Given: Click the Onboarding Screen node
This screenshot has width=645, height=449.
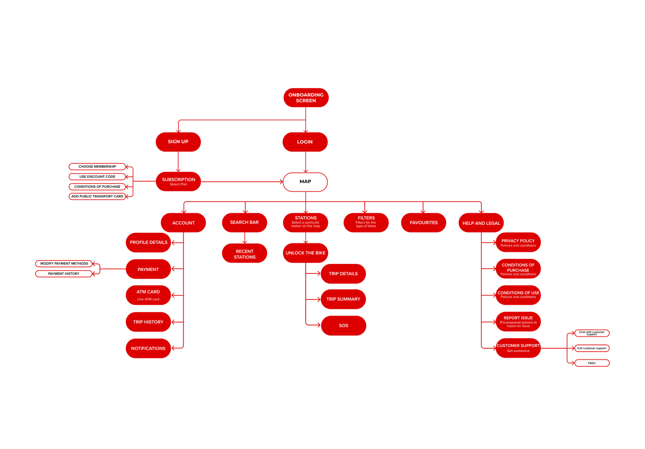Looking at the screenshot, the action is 306,98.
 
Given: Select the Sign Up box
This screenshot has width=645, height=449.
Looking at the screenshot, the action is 178,142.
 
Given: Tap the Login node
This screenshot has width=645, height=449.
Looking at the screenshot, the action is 305,142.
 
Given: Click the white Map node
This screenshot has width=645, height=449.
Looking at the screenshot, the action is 305,182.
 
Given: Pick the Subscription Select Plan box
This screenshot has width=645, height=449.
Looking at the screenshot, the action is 178,182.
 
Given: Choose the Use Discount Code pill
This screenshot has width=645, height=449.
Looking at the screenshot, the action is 97,177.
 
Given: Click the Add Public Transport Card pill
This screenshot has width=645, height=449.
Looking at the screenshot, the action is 97,196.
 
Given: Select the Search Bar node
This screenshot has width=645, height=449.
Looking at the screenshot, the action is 244,222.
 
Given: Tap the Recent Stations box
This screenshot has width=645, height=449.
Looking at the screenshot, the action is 245,254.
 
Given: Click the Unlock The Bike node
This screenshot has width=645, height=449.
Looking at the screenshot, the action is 306,253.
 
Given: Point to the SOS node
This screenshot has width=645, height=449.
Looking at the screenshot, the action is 343,326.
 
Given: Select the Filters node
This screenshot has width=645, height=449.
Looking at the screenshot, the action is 366,222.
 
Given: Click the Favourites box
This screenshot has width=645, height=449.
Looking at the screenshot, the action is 423,223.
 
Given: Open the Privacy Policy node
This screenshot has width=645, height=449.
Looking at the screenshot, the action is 518,243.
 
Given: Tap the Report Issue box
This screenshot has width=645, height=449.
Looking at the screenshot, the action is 518,322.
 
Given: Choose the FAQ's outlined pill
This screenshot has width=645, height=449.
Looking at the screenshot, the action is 592,363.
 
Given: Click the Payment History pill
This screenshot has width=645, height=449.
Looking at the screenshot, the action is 64,274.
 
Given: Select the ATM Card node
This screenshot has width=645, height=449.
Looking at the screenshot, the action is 148,295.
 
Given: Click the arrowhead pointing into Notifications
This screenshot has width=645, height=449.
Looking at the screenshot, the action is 174,348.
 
